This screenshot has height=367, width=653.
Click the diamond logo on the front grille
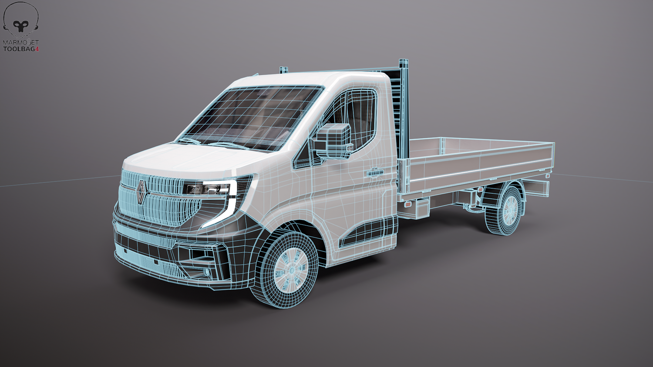pos(141,192)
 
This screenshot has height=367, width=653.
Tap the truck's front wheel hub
pos(291,270)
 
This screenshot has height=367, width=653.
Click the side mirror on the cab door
pos(333,141)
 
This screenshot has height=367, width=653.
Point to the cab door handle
pos(375,173)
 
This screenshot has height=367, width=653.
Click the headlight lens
pos(208,189)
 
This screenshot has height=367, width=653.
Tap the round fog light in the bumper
pos(207,272)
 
